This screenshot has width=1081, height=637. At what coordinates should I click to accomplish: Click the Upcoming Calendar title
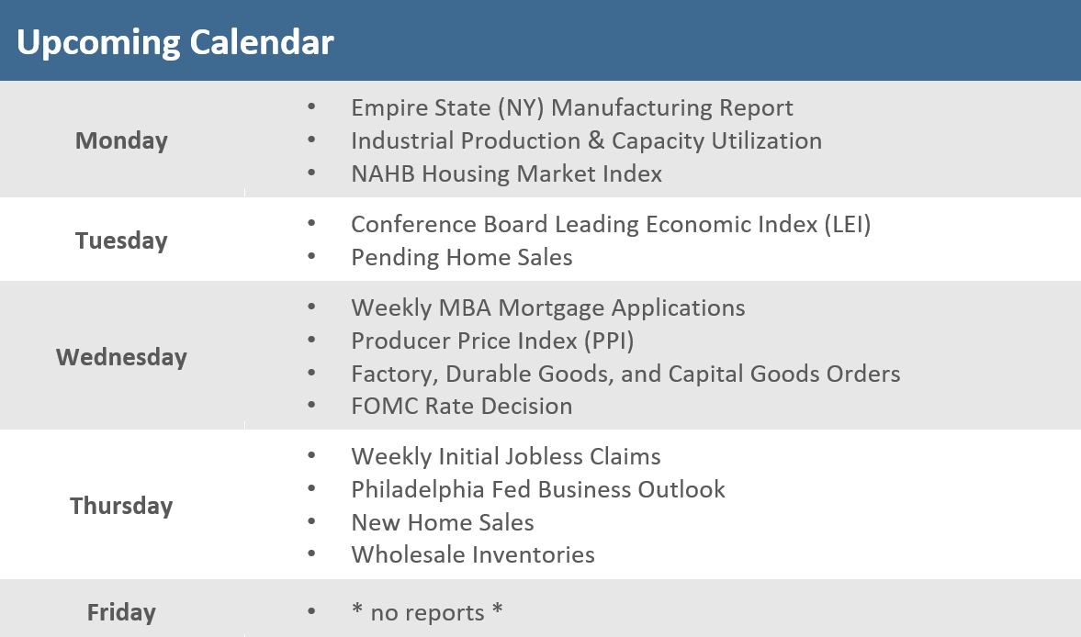click(x=175, y=41)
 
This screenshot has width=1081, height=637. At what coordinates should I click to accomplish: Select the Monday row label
click(x=121, y=140)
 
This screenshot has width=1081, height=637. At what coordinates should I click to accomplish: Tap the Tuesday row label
click(x=121, y=240)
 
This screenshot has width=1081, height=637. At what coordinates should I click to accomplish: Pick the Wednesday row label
click(x=121, y=357)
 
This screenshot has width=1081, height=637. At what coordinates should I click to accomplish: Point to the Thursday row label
click(x=121, y=506)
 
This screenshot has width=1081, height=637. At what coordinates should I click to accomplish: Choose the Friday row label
click(x=121, y=612)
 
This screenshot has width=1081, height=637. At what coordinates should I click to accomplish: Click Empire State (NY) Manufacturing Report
click(x=571, y=108)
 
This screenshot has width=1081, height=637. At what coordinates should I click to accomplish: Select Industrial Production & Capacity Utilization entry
click(x=586, y=141)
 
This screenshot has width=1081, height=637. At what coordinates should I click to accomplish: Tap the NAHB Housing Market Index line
click(x=506, y=174)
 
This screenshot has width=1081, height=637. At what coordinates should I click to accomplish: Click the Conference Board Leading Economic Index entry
click(x=611, y=225)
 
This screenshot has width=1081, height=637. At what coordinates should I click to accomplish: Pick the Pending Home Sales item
click(x=461, y=258)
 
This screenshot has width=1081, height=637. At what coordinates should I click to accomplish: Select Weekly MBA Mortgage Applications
click(x=547, y=307)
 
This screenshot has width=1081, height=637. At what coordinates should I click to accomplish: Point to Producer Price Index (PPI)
click(x=492, y=341)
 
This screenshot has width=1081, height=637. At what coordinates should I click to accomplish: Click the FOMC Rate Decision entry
click(x=461, y=407)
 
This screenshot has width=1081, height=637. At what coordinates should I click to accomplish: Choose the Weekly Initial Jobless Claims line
click(x=505, y=457)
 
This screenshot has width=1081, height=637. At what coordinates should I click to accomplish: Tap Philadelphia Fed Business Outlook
click(x=537, y=490)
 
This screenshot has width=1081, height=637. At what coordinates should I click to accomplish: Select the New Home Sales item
click(x=442, y=523)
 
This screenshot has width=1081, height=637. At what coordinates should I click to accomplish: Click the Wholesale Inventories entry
click(x=472, y=555)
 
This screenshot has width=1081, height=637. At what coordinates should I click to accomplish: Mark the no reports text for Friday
click(x=427, y=613)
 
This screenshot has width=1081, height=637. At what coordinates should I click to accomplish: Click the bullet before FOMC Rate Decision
click(x=312, y=406)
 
